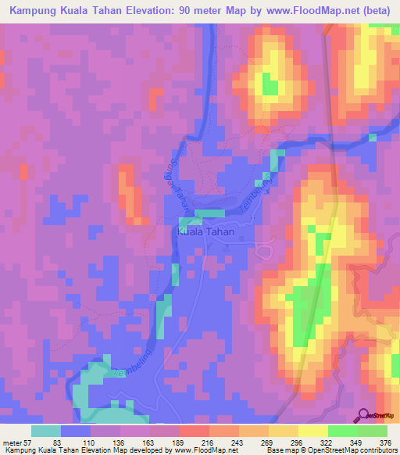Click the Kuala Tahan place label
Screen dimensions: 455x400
tap(205, 232)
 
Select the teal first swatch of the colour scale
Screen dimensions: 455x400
tap(46, 431)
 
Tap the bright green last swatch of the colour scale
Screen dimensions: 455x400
tap(373, 431)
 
